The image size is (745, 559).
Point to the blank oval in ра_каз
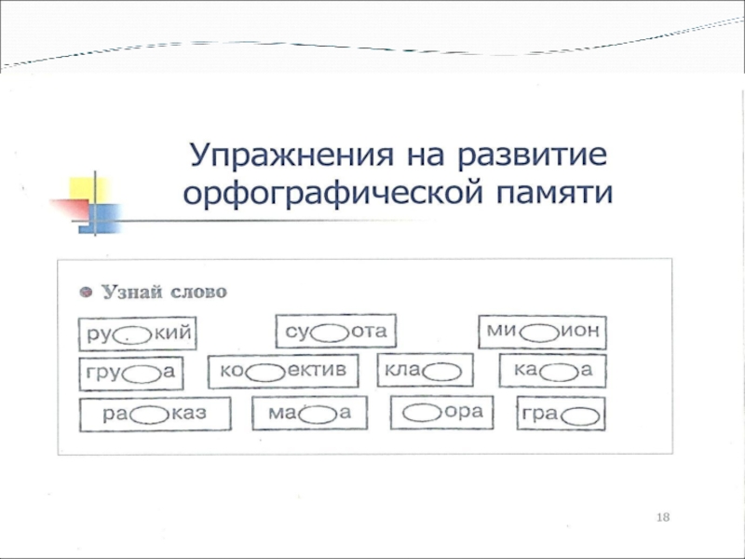(x=149, y=416)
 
